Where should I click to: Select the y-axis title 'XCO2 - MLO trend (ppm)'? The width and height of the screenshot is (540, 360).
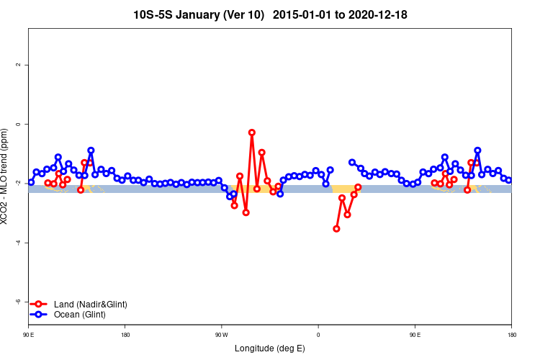pyautogui.click(x=6, y=176)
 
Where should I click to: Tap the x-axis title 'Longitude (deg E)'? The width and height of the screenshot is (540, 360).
pyautogui.click(x=269, y=348)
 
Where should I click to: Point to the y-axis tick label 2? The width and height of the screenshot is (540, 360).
pyautogui.click(x=18, y=65)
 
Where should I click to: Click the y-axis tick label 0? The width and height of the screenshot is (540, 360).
pyautogui.click(x=18, y=124)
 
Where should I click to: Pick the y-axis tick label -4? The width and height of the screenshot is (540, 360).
pyautogui.click(x=18, y=243)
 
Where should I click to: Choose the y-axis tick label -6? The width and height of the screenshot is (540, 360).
pyautogui.click(x=18, y=302)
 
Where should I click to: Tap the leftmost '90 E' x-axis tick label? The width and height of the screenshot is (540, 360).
pyautogui.click(x=28, y=335)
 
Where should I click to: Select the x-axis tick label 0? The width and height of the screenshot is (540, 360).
pyautogui.click(x=318, y=335)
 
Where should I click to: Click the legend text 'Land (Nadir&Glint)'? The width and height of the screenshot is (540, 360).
pyautogui.click(x=90, y=305)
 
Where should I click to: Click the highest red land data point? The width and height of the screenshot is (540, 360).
pyautogui.click(x=251, y=132)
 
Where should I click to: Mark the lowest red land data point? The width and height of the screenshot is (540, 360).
pyautogui.click(x=336, y=228)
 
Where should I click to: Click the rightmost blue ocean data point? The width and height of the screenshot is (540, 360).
pyautogui.click(x=508, y=180)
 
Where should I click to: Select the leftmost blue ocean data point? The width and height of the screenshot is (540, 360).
pyautogui.click(x=31, y=182)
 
